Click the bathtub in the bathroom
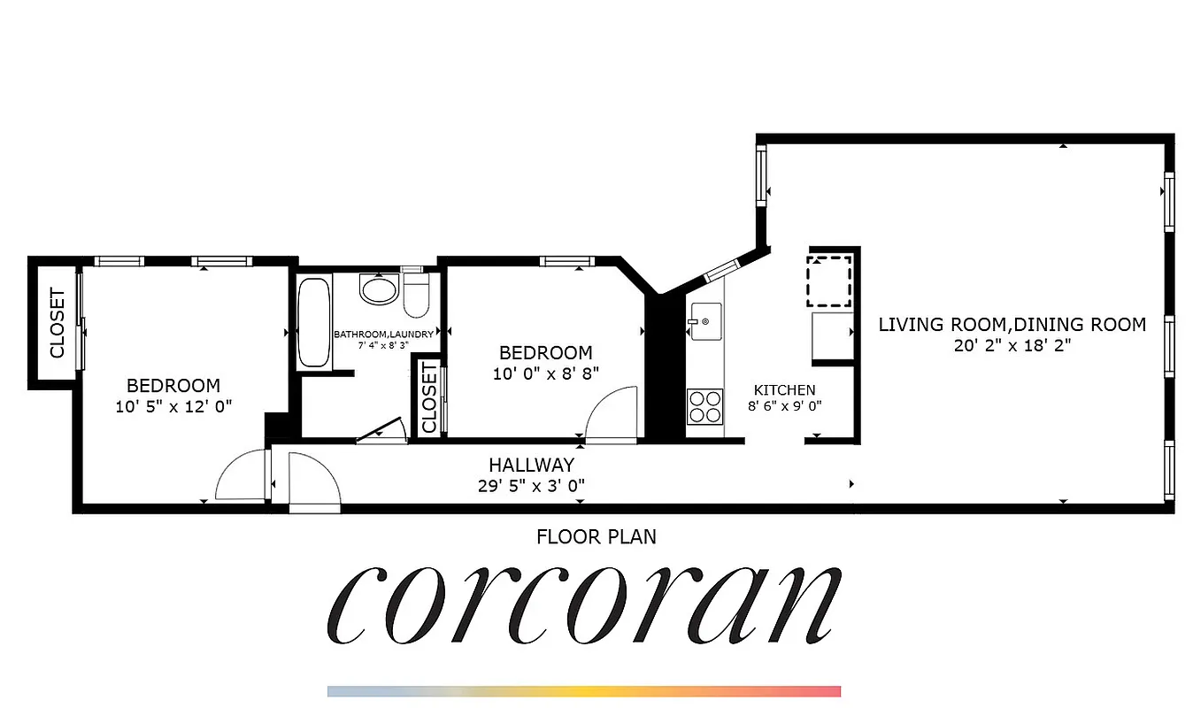click(x=313, y=321)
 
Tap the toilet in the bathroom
click(x=416, y=294)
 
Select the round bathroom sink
click(x=380, y=289)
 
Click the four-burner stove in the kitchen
click(x=704, y=407)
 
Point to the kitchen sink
click(x=705, y=319)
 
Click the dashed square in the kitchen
click(x=829, y=281)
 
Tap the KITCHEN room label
click(x=784, y=390)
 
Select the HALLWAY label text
click(x=531, y=465)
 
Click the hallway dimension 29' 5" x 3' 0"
click(x=531, y=485)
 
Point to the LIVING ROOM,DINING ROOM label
click(x=1012, y=325)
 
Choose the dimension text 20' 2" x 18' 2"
click(x=1012, y=346)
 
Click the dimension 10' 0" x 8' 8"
click(x=546, y=373)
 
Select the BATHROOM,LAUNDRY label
click(x=383, y=335)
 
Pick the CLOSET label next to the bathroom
click(x=429, y=398)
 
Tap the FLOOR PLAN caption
click(x=596, y=536)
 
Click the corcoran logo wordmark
click(x=584, y=606)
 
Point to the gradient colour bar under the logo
click(x=584, y=691)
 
